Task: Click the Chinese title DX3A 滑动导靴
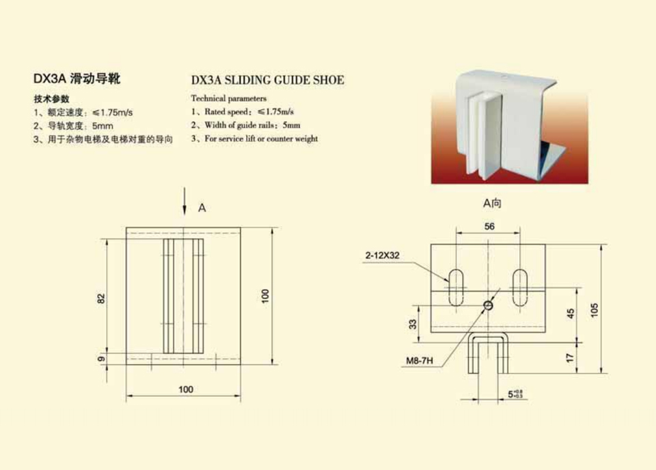pos(77,79)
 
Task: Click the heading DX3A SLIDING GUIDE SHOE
pos(268,80)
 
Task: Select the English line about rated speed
pos(243,111)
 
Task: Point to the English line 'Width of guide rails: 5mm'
pos(246,125)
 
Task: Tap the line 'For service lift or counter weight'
pos(255,139)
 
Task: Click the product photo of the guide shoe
pos(510,127)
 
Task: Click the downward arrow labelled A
pos(184,201)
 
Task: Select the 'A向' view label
pos(492,203)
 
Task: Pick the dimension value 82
pos(102,299)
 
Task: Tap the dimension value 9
pos(102,359)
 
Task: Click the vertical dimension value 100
pos(265,296)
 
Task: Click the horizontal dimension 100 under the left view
pos(186,389)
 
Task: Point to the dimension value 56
pos(489,226)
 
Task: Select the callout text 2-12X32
pos(383,255)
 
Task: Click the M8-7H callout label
pos(420,360)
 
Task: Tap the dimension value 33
pos(413,324)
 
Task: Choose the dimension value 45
pos(571,314)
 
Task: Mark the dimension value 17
pos(570,358)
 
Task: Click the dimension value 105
pos(594,310)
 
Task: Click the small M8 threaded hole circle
pos(488,305)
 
